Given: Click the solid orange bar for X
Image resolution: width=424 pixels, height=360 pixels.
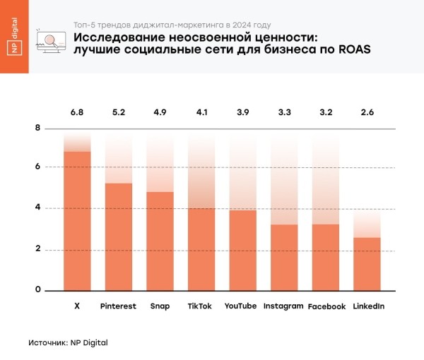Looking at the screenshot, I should [x=77, y=221].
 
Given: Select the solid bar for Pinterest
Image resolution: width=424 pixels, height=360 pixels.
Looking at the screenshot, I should [x=118, y=236].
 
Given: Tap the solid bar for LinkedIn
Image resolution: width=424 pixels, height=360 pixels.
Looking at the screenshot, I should [x=367, y=264].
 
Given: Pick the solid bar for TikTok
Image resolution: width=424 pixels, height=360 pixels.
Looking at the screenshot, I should [x=201, y=249].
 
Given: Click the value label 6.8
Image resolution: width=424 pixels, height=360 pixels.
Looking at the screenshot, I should [x=76, y=112].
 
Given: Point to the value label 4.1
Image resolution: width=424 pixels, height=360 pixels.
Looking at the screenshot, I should [x=201, y=112].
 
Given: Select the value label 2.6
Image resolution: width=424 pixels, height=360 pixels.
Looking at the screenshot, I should [x=367, y=112].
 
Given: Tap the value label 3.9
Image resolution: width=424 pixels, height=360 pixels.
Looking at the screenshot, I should [x=242, y=112].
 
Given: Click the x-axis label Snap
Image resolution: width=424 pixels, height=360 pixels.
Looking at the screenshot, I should [x=160, y=306].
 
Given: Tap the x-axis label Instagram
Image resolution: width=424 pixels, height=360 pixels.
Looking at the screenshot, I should [x=283, y=306].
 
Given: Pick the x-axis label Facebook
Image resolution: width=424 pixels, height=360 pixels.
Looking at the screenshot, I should [x=326, y=307].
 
